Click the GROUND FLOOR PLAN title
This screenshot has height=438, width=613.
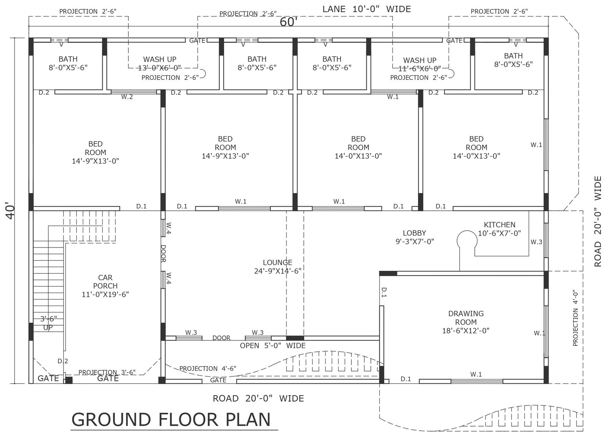(171, 420)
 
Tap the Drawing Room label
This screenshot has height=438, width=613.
(466, 322)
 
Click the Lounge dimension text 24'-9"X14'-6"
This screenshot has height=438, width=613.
(278, 271)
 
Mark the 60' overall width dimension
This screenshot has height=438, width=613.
(288, 22)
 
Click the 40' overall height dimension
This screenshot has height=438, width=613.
(11, 210)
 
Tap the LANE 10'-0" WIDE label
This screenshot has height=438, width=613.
(367, 9)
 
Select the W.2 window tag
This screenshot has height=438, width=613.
(127, 97)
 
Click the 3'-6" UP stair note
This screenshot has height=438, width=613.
(48, 323)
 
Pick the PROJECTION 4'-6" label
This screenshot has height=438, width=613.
(208, 369)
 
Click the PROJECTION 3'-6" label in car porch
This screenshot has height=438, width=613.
(107, 372)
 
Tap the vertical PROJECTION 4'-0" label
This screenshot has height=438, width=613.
(575, 318)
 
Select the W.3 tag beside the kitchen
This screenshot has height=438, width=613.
(536, 242)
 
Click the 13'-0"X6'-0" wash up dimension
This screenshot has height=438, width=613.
(159, 67)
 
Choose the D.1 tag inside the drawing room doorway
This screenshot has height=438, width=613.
(384, 292)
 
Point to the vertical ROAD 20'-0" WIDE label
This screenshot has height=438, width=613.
(598, 221)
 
